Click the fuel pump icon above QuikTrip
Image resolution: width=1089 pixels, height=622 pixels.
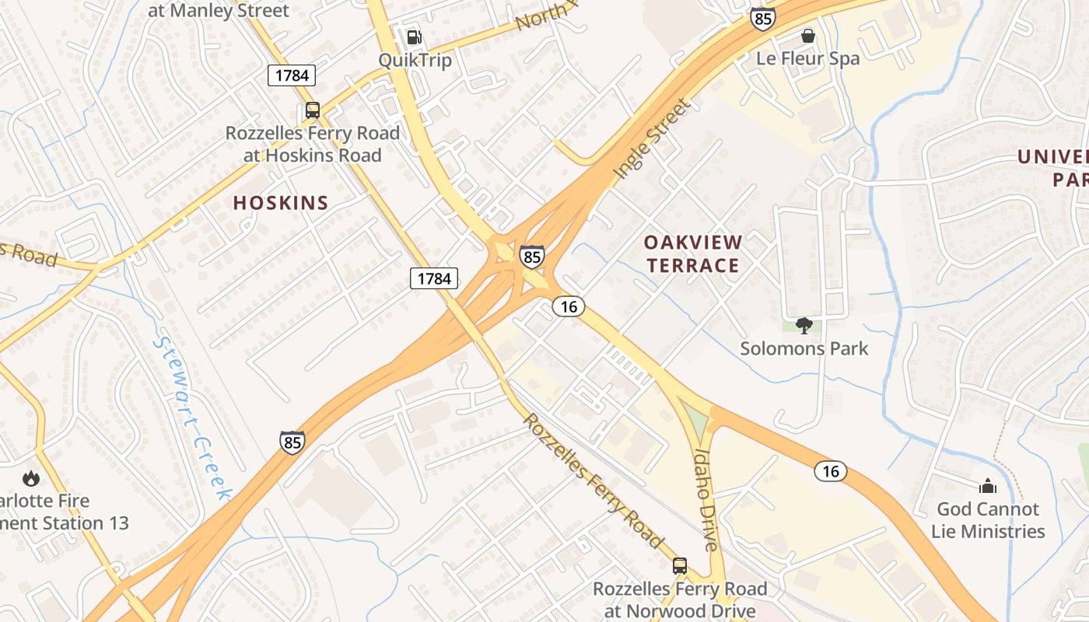click(415, 37)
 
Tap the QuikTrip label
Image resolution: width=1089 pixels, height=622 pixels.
click(415, 60)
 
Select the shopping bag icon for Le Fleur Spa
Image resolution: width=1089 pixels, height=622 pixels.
click(808, 36)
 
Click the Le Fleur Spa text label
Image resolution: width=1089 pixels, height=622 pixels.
click(808, 58)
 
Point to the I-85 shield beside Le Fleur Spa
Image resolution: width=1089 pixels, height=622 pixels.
click(762, 19)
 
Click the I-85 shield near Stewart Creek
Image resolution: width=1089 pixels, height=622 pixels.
click(292, 442)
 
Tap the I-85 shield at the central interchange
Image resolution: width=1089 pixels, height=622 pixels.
click(532, 257)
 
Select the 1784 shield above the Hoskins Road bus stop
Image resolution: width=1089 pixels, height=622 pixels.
click(292, 75)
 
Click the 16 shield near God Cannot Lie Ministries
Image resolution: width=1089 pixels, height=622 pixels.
click(831, 470)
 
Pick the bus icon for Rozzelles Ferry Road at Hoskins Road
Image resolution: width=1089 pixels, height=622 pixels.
click(313, 110)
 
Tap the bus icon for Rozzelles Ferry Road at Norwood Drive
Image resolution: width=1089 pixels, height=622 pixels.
click(680, 565)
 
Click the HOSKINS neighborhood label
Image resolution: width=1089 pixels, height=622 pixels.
click(281, 203)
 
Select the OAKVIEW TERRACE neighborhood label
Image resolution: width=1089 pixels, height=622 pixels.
click(693, 254)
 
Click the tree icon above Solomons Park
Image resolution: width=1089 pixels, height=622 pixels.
click(804, 325)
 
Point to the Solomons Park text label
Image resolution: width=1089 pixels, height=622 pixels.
click(804, 348)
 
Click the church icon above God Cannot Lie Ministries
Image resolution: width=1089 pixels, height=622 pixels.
click(988, 487)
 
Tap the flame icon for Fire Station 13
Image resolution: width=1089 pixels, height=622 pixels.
click(31, 478)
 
